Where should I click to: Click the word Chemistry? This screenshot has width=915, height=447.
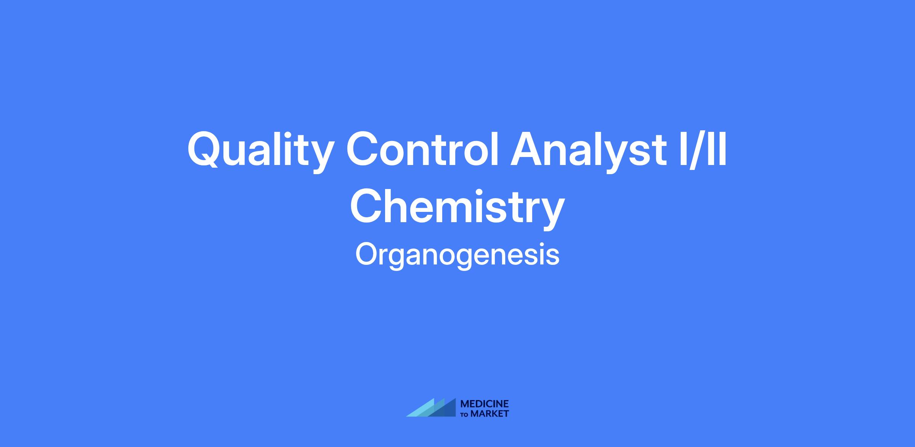tap(457, 208)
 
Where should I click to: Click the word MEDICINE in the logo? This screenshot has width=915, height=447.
tap(485, 404)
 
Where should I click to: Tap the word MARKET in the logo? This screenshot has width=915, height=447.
tap(490, 413)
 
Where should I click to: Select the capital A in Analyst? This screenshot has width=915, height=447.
tap(528, 149)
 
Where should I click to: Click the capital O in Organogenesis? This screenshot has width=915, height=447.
tap(367, 254)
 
